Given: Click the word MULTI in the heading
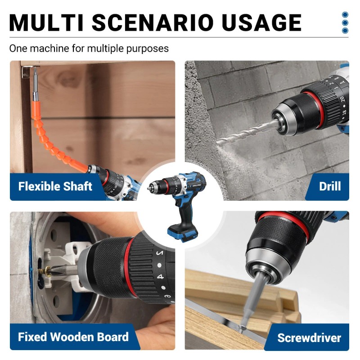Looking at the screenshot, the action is point(46,22).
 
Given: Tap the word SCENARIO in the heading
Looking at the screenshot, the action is point(153,22).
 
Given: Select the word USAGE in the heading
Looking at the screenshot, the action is point(261,22).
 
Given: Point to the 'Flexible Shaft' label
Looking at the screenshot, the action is point(55,186).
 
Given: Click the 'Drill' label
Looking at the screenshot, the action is point(330,186).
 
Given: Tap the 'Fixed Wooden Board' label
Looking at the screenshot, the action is point(73,337).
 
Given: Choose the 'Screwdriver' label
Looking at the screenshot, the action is point(309,338).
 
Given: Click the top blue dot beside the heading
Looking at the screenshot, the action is point(345,15).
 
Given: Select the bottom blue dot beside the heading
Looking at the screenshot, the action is point(345,31).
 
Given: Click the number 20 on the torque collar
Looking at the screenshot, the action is point(342,99).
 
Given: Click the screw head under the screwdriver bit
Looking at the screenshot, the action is point(241,328).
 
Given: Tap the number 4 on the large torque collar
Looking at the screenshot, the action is point(160,277).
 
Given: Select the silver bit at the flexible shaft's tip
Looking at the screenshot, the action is point(36,84).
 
